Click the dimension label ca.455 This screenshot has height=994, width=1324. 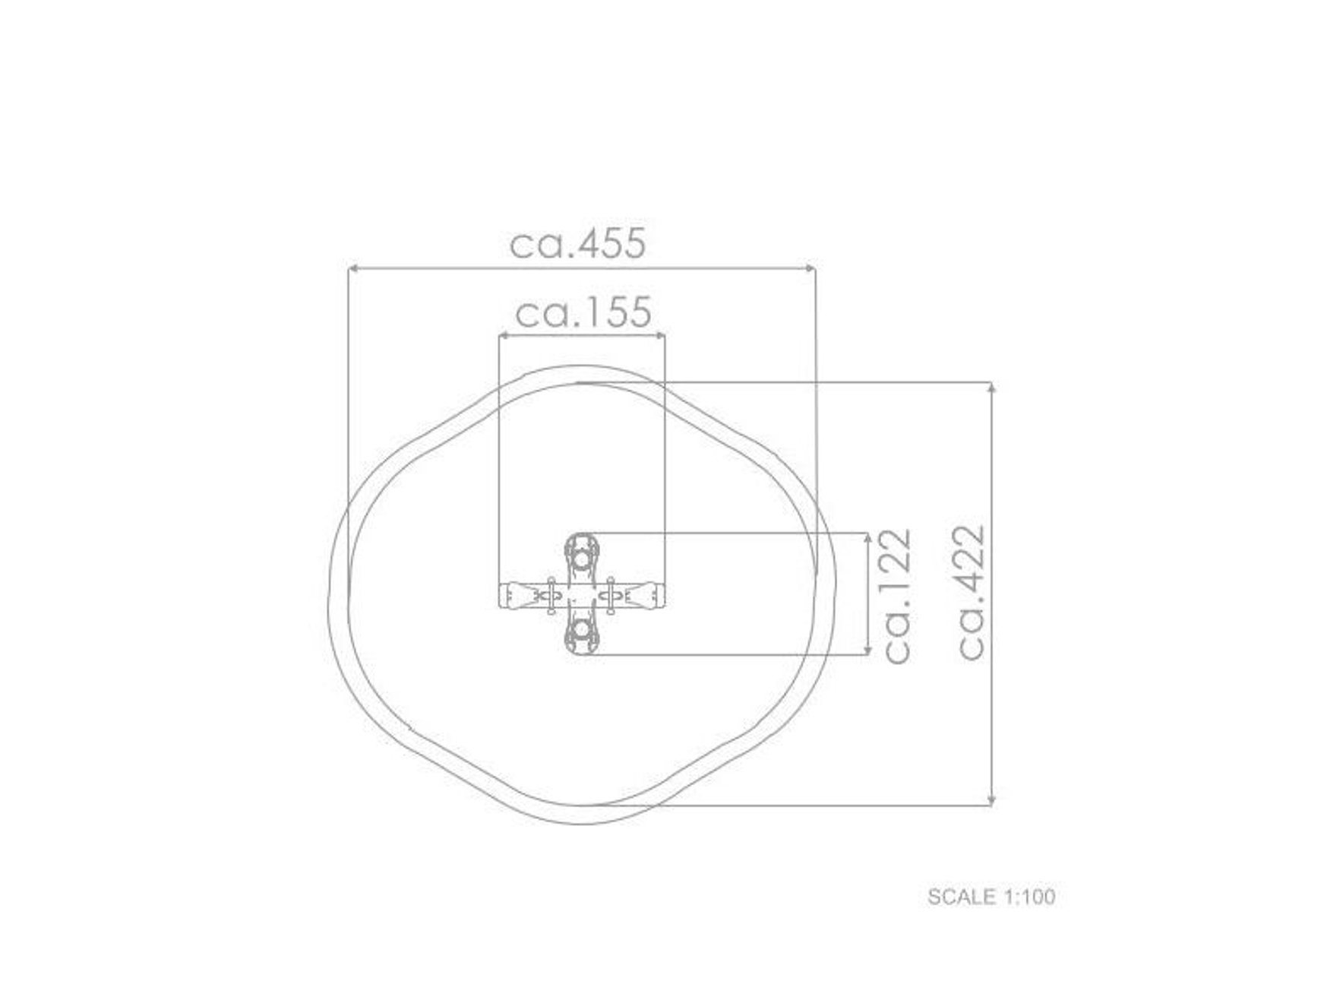pos(577,243)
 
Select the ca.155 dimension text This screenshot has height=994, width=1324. pos(583,312)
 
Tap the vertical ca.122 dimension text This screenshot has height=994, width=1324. pos(896,594)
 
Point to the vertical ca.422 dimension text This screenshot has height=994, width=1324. pos(972,591)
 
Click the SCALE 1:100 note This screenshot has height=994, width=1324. pos(991,897)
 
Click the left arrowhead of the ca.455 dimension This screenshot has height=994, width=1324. pos(352,267)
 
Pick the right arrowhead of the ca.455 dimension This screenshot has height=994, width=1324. pos(810,267)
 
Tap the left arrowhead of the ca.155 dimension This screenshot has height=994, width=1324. pos(504,335)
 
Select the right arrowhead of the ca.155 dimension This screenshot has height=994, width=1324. pos(659,335)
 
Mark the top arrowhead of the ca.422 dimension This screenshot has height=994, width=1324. pos(991,388)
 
